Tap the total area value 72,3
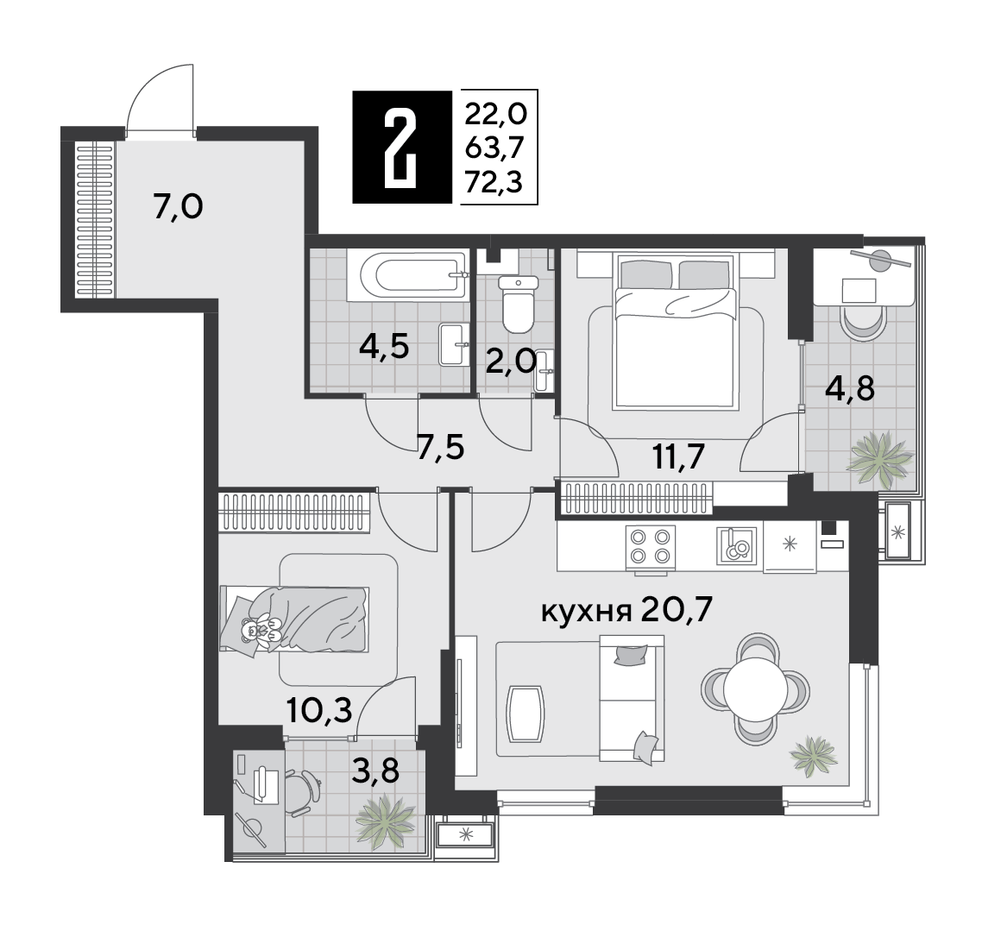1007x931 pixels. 494,184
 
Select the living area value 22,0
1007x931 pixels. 495,115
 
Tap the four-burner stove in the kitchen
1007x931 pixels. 650,545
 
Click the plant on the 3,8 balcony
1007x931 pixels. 386,821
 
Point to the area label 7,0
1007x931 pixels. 178,207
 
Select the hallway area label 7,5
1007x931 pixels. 441,448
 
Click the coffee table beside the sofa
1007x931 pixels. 526,713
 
